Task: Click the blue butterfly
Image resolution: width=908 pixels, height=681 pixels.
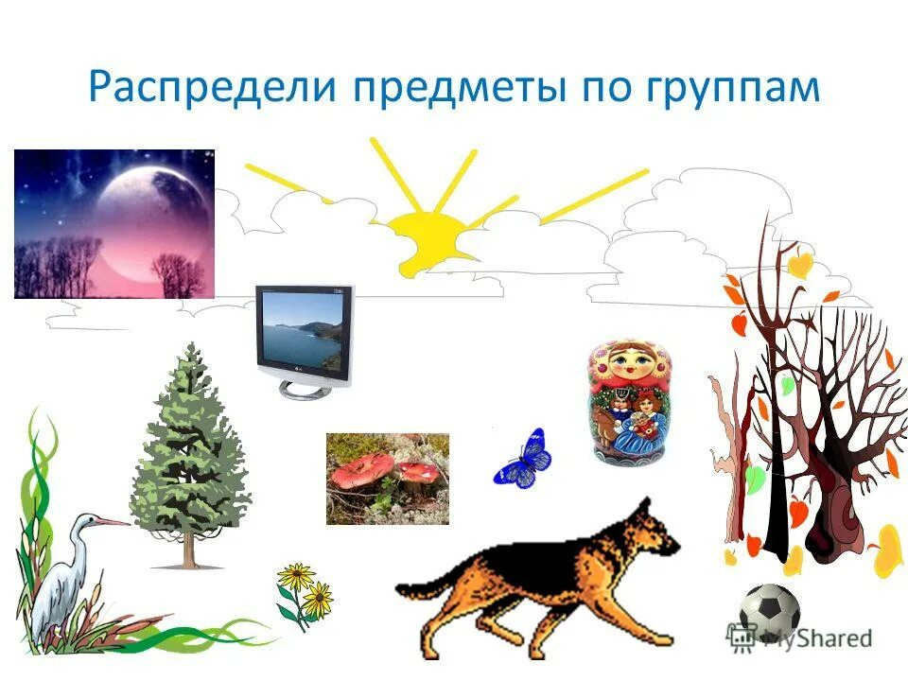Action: (x=523, y=458)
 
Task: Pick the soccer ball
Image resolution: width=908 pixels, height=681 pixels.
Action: (x=769, y=613)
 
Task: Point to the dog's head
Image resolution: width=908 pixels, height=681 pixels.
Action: (x=653, y=530)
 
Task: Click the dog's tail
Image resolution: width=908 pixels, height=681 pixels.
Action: (x=421, y=588)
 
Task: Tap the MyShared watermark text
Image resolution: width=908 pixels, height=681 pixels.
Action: (x=813, y=638)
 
